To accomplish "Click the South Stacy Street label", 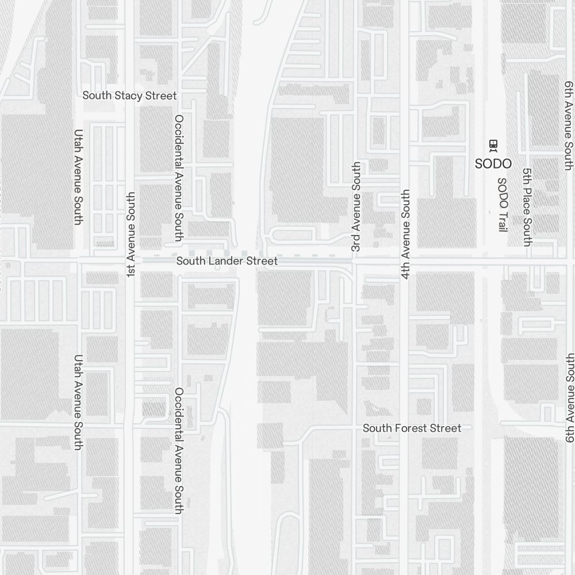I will tap(129, 95).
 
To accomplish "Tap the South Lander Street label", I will tap(227, 261).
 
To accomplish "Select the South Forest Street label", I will tap(412, 428).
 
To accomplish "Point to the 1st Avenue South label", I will tap(131, 235).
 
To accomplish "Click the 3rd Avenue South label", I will tap(356, 206).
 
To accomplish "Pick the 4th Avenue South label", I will tap(406, 234).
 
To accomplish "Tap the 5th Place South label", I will tap(526, 207).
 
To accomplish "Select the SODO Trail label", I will tap(503, 205).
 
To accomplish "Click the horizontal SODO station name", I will tap(493, 164).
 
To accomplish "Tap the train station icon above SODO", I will tap(493, 144).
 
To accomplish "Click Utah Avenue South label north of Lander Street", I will tap(79, 177).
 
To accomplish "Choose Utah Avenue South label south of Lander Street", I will tap(79, 402).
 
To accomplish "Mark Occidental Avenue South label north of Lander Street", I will tap(179, 177).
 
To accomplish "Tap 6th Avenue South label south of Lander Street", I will tap(569, 398).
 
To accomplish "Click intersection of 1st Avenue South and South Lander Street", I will tap(131, 260).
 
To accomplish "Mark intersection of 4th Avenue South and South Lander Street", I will tap(406, 260).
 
